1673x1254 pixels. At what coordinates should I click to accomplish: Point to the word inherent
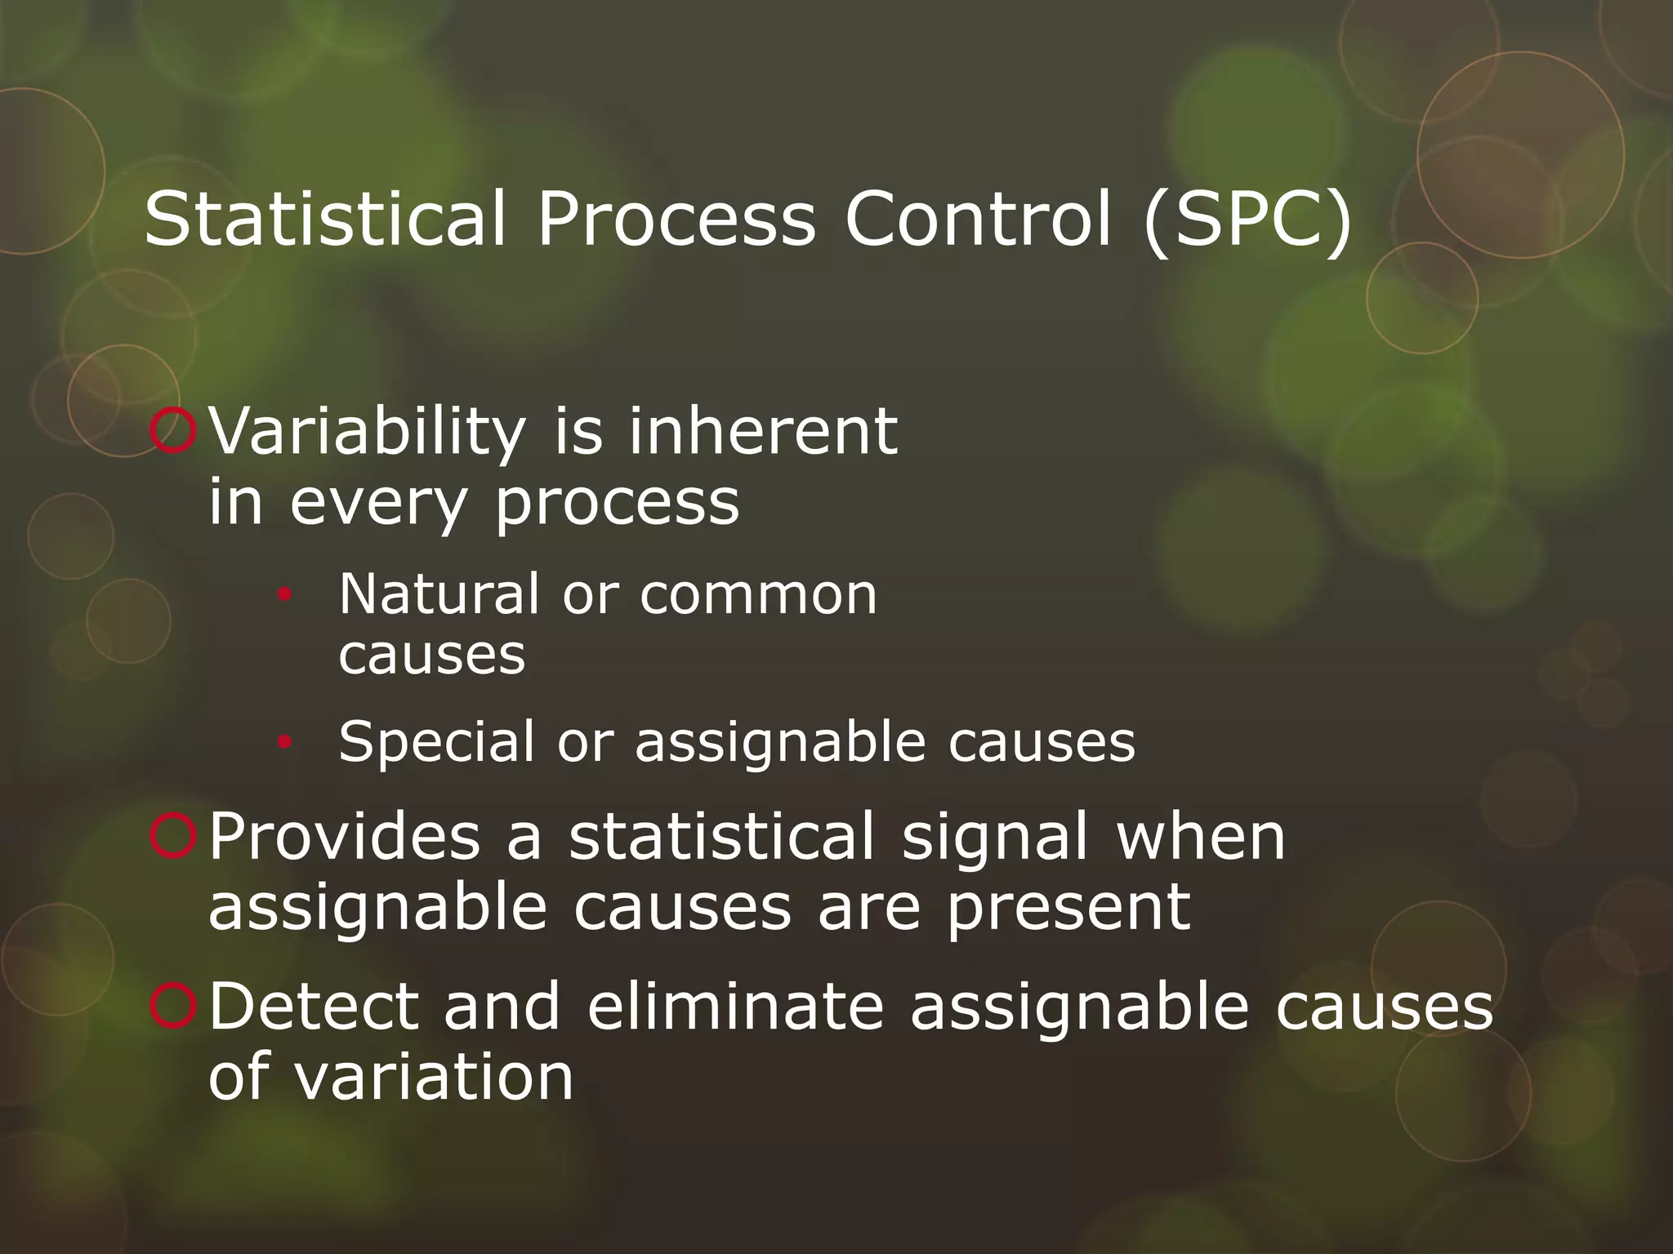coord(763,431)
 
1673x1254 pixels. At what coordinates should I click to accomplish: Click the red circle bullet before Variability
coord(173,431)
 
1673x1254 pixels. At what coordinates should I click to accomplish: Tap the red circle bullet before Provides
coord(173,836)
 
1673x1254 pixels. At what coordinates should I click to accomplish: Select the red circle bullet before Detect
coord(173,1006)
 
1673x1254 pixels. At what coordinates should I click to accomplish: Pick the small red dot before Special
coord(283,742)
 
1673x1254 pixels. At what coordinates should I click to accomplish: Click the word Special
coord(436,743)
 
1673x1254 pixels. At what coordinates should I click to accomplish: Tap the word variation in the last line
coord(433,1077)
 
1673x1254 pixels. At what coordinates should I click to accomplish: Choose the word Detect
coord(314,1006)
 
